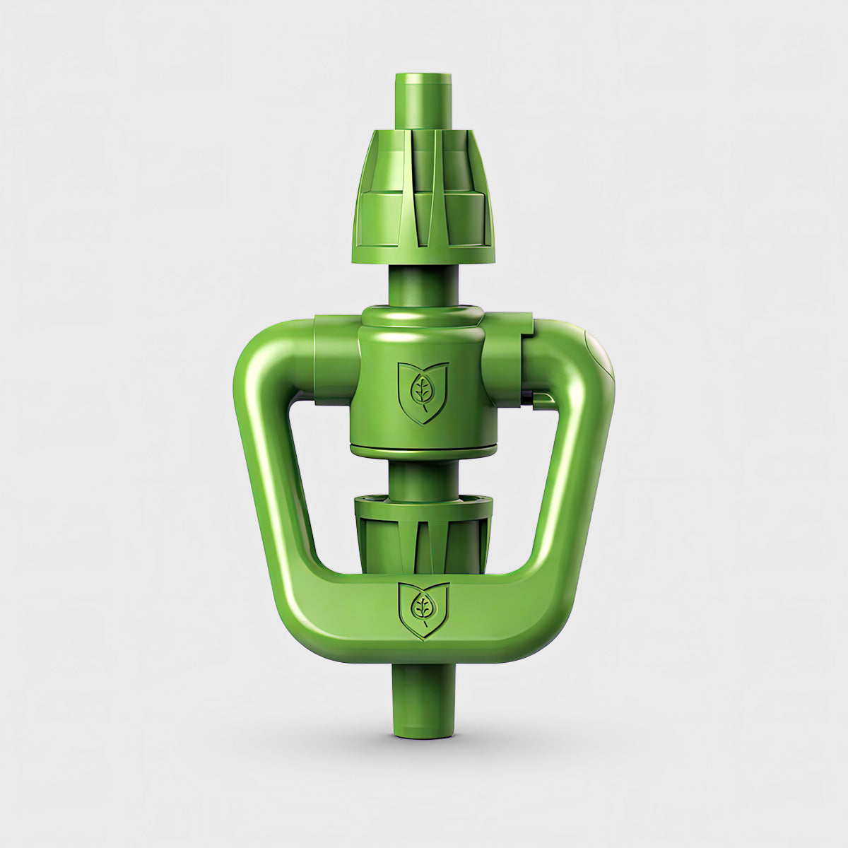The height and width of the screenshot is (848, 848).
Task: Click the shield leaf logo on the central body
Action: coord(423,392)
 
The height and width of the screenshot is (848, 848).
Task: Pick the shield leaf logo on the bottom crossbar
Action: coord(423,609)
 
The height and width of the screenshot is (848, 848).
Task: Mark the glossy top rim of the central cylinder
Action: coord(423,315)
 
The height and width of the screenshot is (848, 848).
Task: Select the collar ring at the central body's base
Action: coord(423,450)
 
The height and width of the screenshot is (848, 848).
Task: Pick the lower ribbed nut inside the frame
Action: coord(423,534)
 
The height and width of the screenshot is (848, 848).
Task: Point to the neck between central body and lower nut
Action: coord(423,477)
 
